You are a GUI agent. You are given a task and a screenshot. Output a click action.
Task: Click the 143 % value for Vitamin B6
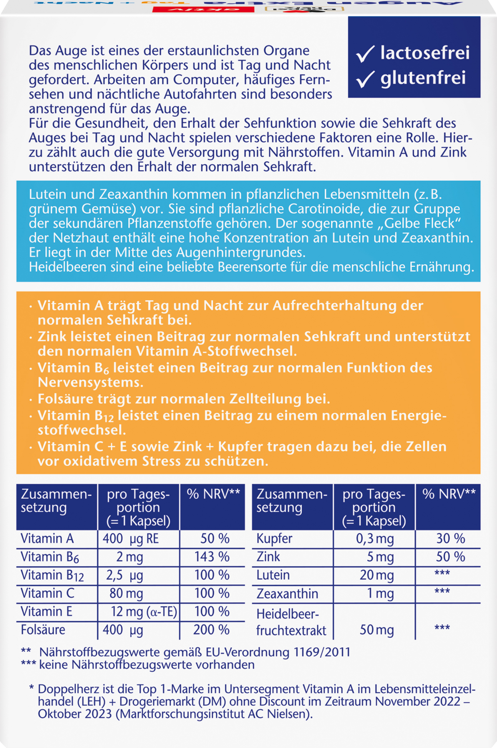click(212, 557)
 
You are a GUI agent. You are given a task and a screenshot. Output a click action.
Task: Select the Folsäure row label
click(43, 630)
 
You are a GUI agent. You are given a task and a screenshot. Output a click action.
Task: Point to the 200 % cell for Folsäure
click(211, 630)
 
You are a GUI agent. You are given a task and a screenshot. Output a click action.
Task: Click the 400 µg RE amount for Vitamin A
click(130, 539)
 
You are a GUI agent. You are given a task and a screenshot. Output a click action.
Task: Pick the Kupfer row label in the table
click(274, 539)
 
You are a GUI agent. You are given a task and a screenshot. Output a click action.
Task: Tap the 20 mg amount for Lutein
click(376, 575)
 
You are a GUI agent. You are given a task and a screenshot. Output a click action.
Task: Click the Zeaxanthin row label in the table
click(287, 593)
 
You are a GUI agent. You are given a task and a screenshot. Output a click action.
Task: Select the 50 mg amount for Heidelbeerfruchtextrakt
click(376, 630)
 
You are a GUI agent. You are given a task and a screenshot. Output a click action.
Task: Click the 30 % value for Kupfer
click(450, 539)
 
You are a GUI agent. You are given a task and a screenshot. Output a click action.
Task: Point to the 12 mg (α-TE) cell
click(144, 611)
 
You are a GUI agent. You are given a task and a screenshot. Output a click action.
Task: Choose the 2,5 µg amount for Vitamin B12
click(124, 575)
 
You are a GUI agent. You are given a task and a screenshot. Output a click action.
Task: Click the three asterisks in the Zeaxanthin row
click(442, 591)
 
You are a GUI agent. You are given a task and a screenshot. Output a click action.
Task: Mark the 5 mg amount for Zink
click(380, 557)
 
